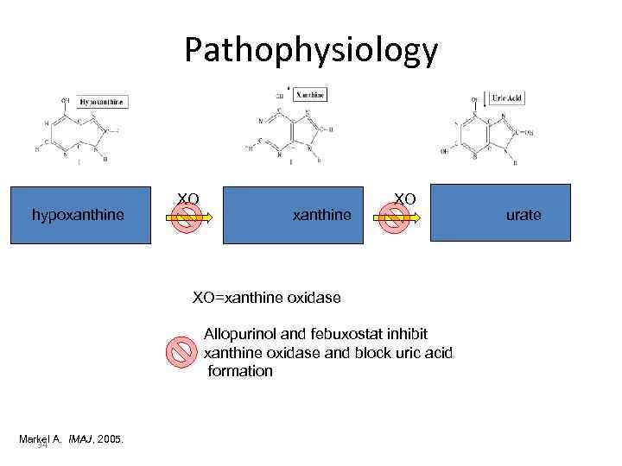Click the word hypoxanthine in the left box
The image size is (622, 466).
[x=78, y=214]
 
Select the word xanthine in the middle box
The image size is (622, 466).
[x=322, y=214]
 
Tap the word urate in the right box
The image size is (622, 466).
[x=524, y=214]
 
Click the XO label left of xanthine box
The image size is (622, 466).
[x=188, y=199]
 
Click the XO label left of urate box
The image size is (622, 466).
[x=405, y=199]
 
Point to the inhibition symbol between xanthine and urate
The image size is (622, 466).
[x=396, y=220]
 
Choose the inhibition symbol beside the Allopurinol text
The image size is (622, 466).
[x=182, y=351]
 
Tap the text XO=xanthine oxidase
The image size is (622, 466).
[x=266, y=298]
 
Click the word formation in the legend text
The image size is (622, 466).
[x=240, y=371]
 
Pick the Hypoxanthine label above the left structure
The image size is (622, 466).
[x=102, y=102]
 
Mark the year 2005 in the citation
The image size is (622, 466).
[x=111, y=439]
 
